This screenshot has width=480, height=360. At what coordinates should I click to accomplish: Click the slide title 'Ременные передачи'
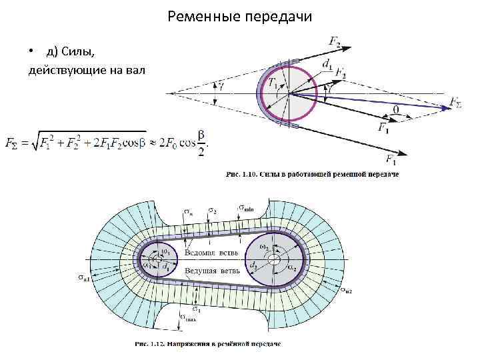pos(240,15)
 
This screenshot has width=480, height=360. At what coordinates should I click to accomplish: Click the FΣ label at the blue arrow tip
pos(457,102)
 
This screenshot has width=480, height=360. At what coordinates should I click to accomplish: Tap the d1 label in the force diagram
pos(327,64)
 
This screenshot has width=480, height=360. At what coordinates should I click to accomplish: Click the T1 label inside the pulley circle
pos(274,83)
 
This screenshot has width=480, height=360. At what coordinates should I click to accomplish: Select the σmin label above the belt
pos(245,209)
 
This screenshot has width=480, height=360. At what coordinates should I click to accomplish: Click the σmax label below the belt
pos(190,319)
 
